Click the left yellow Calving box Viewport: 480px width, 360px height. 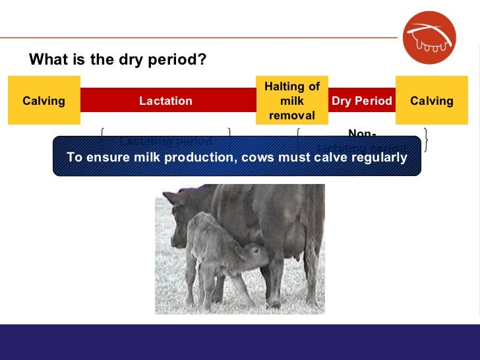pyautogui.click(x=44, y=101)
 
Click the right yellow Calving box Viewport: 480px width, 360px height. pyautogui.click(x=431, y=101)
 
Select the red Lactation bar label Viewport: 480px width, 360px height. pyautogui.click(x=165, y=101)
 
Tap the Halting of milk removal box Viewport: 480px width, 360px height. pyautogui.click(x=291, y=101)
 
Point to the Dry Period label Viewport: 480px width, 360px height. pyautogui.click(x=361, y=101)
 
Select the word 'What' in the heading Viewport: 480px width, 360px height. pyautogui.click(x=47, y=60)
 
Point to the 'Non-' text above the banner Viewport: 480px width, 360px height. pyautogui.click(x=361, y=134)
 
